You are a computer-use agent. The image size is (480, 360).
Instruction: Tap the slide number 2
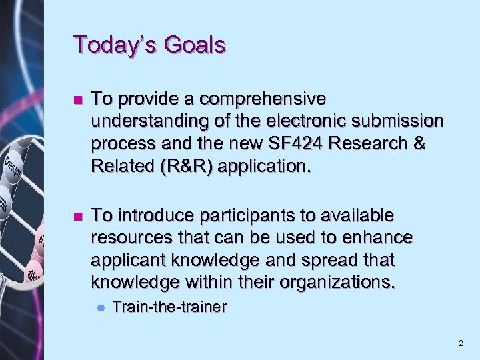[460, 343]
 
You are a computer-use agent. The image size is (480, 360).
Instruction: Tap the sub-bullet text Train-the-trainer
[169, 307]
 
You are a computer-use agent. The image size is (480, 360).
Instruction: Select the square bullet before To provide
[79, 100]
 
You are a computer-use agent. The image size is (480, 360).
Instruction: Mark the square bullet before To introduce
[79, 217]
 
